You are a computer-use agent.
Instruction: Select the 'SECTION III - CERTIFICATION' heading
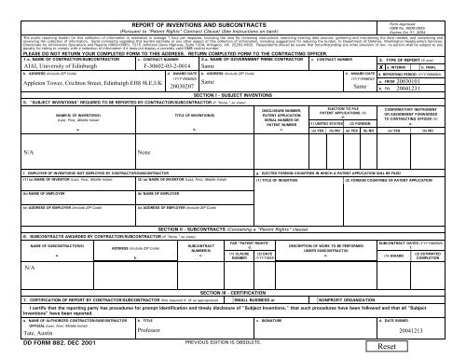tap(232, 291)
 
